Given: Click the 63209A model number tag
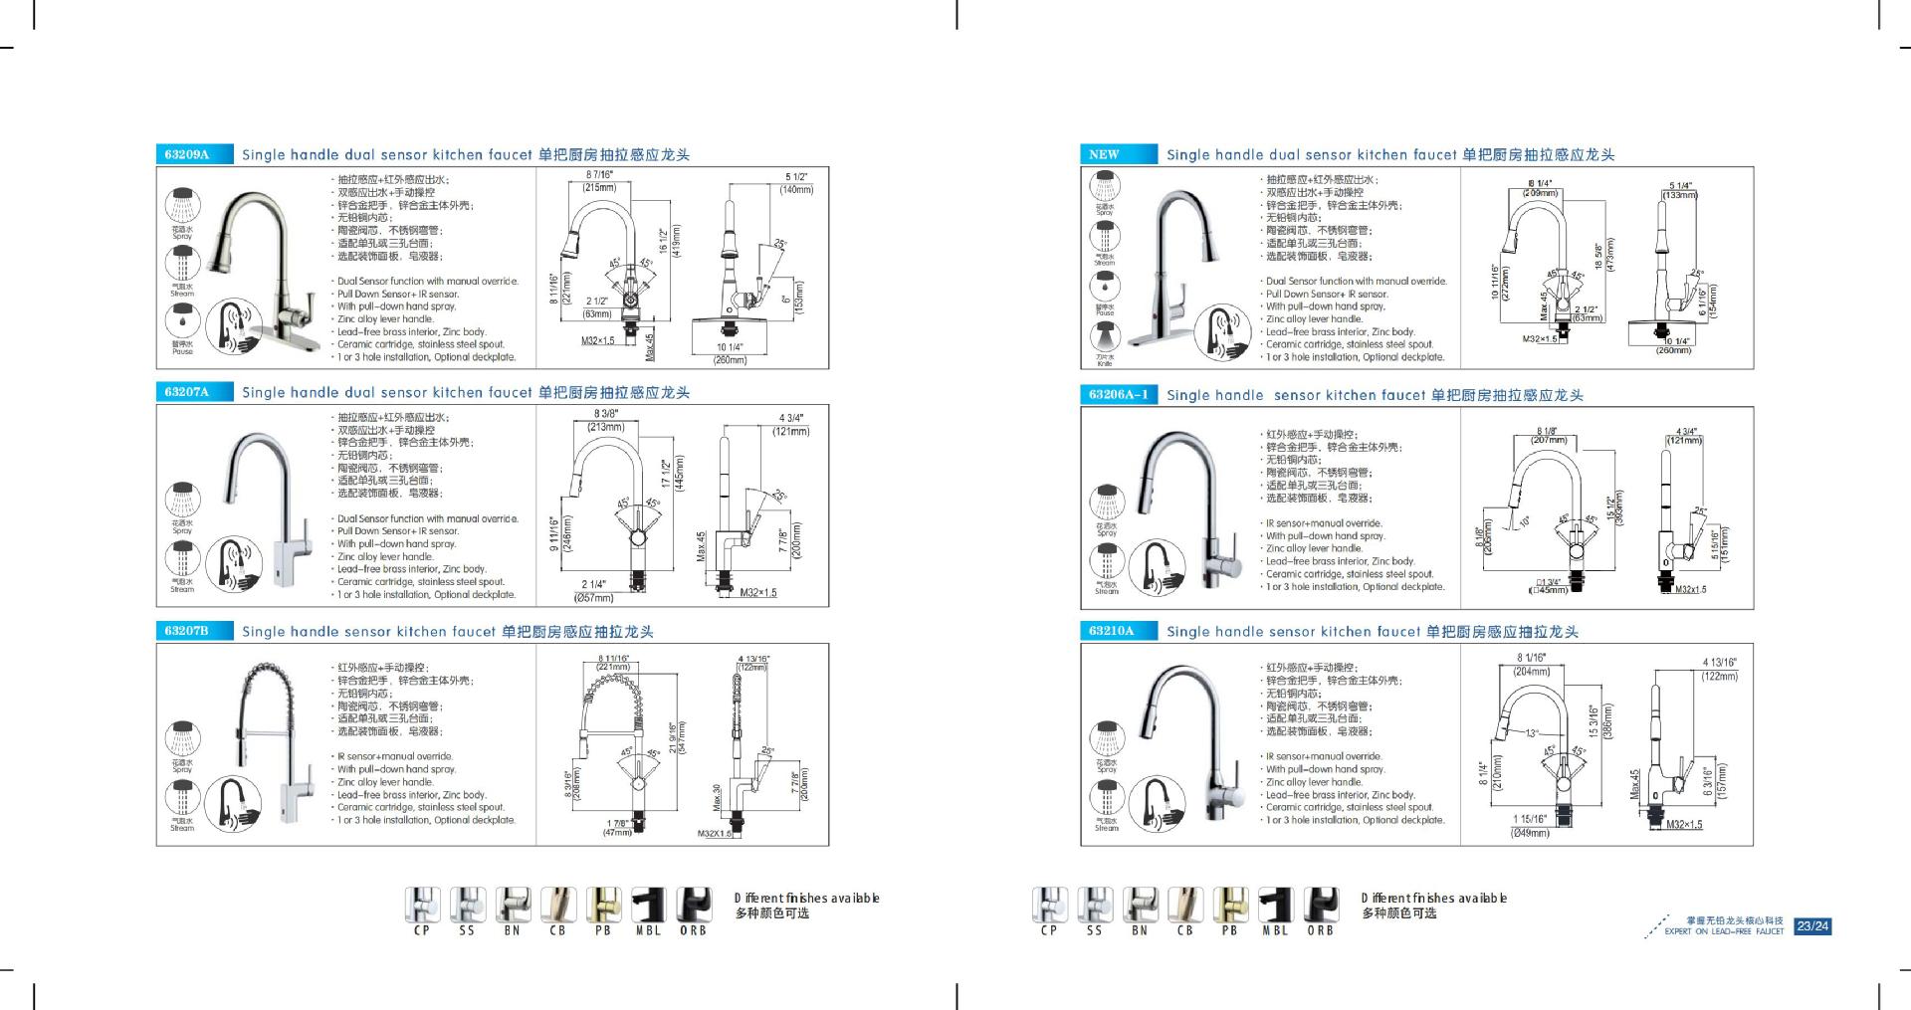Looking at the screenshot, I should click(187, 154).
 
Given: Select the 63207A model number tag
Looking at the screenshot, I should click(187, 392).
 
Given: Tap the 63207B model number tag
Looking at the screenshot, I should click(187, 631).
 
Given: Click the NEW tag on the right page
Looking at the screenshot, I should click(1104, 154).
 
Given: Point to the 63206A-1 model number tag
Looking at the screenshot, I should click(1119, 395).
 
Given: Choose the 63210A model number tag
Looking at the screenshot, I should click(1111, 631).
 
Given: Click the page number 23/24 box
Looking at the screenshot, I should click(1812, 926).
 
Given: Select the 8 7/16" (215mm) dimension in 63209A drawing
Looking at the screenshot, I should click(599, 181).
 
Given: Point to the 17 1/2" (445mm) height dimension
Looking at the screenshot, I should click(673, 473).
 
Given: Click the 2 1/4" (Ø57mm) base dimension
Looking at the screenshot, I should click(594, 591).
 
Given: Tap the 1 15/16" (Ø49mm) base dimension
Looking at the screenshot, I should click(1531, 826).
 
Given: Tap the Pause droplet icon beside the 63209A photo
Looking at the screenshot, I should click(183, 322).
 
